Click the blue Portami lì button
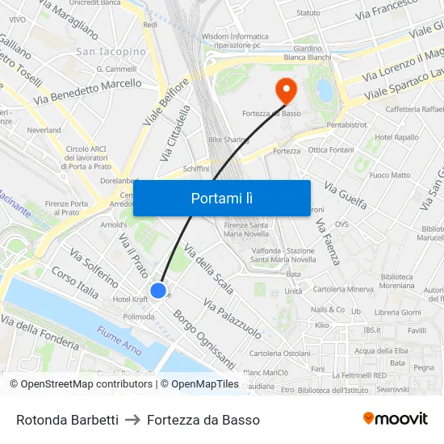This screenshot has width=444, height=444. click(221, 198)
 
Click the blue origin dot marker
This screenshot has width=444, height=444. click(158, 290)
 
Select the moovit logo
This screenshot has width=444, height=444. click(395, 418)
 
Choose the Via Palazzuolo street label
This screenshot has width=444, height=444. click(232, 319)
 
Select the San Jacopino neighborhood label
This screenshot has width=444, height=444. click(111, 52)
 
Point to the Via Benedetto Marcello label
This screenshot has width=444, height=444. click(88, 93)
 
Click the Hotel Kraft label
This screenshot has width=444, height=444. click(131, 299)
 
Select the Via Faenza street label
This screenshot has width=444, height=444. click(328, 241)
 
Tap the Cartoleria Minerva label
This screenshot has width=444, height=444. click(343, 289)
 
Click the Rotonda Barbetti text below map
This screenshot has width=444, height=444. click(67, 420)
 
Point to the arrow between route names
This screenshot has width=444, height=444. click(132, 420)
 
